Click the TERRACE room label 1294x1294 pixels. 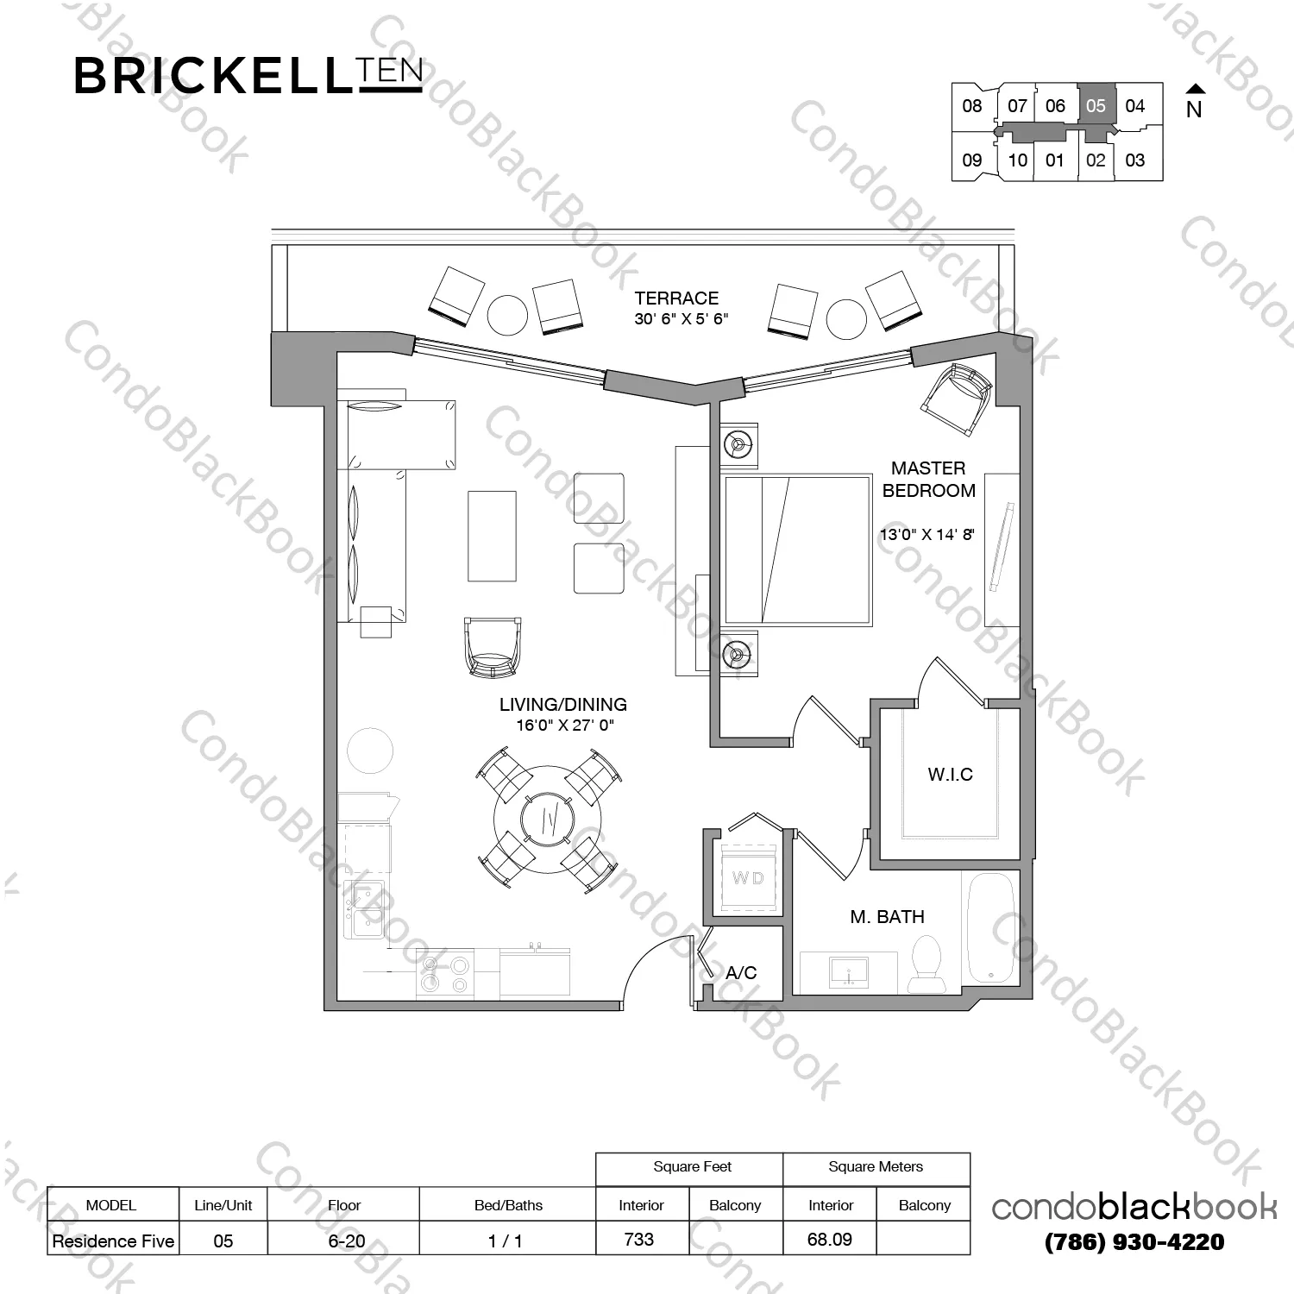click(x=676, y=298)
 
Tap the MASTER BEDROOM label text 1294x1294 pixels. click(x=928, y=480)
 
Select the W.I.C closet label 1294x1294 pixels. click(x=950, y=775)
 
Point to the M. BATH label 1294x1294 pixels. click(x=887, y=917)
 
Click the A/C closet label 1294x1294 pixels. click(x=741, y=973)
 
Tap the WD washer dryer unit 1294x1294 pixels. click(x=748, y=878)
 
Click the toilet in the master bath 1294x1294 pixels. click(x=927, y=964)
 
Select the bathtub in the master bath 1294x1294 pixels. click(x=990, y=928)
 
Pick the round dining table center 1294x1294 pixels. click(x=547, y=819)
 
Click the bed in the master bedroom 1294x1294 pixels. click(x=798, y=550)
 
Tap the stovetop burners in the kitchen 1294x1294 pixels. click(x=445, y=972)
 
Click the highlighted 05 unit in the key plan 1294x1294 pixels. click(x=1096, y=106)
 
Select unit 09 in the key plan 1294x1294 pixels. click(x=971, y=160)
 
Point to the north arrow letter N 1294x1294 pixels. click(x=1194, y=110)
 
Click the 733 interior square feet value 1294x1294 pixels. click(x=638, y=1240)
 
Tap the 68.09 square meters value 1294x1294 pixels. click(x=830, y=1240)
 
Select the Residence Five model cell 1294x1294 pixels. click(x=113, y=1241)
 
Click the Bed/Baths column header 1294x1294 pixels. click(x=508, y=1205)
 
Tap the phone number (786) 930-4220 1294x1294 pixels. click(x=1134, y=1242)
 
